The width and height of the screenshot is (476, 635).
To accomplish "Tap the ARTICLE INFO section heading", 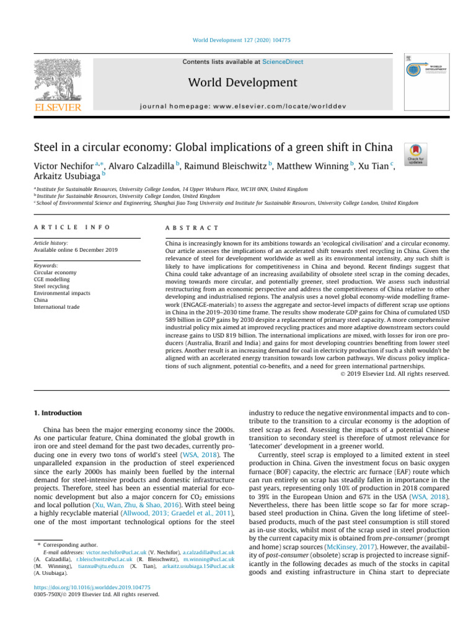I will pos(72,227).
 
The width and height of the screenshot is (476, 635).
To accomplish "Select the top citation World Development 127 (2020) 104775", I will pos(237,40).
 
